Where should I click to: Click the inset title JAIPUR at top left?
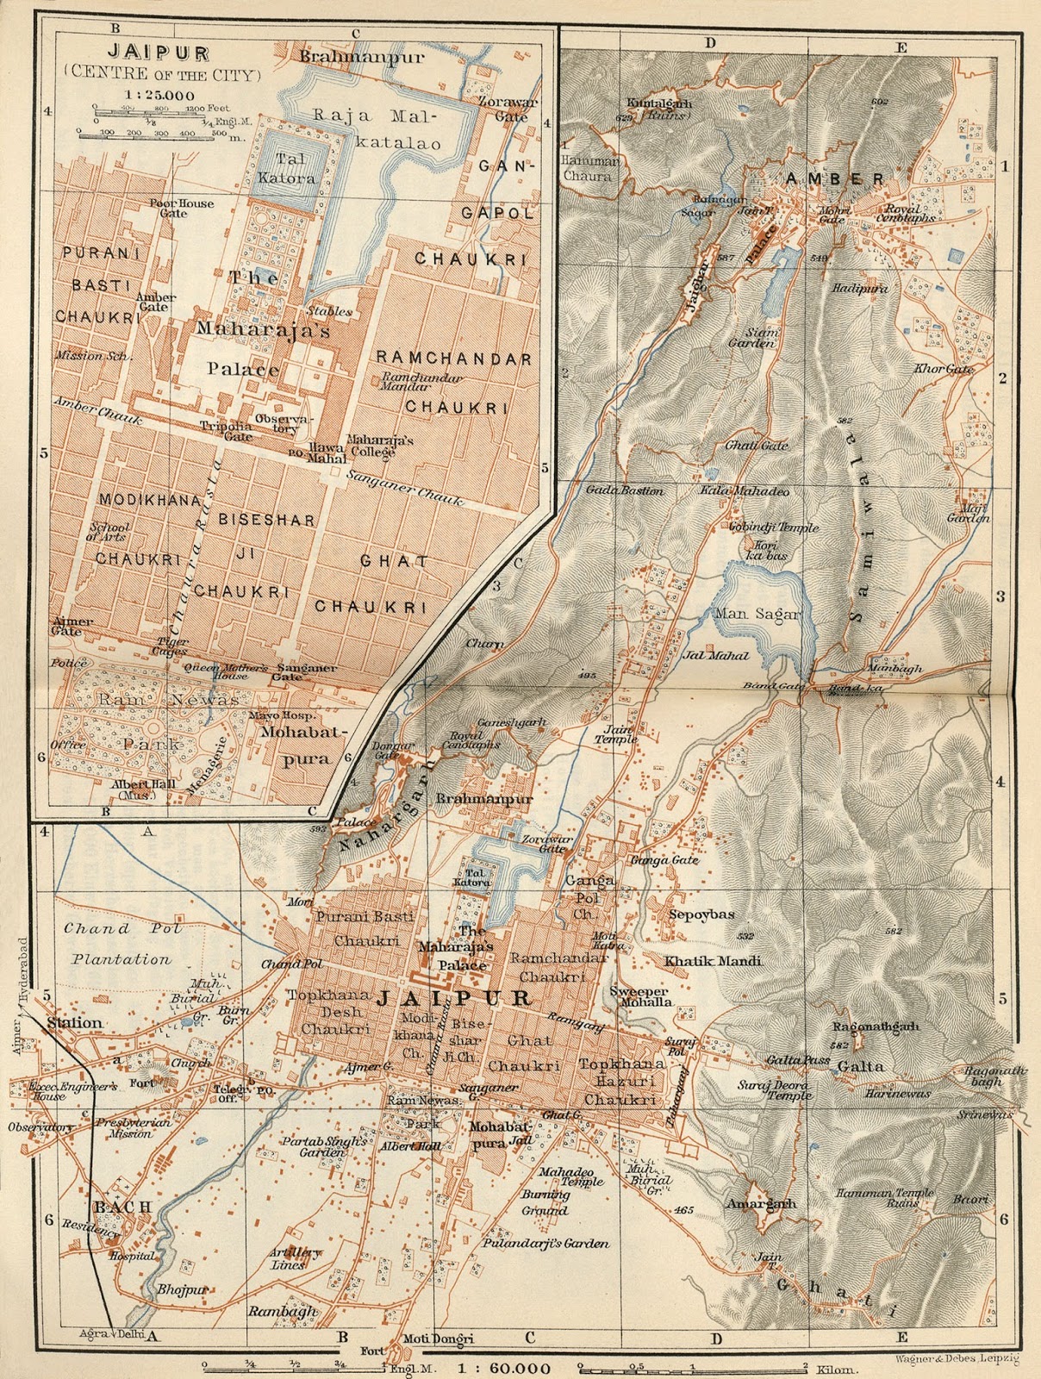(165, 53)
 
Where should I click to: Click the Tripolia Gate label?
(228, 431)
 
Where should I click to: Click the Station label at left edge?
(75, 1023)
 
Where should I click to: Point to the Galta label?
(861, 1066)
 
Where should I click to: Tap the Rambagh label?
(283, 1312)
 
